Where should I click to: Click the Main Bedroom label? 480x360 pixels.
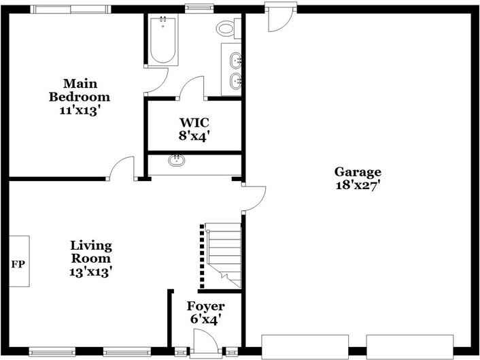click(x=79, y=90)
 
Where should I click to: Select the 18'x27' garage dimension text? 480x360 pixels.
click(x=357, y=185)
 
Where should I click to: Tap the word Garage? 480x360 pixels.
click(x=357, y=171)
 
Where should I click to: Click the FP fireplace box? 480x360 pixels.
click(x=18, y=261)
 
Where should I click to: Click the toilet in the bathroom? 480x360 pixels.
click(x=225, y=29)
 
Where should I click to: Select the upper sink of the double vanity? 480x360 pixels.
click(x=235, y=61)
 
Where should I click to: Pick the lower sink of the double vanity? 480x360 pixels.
click(x=235, y=82)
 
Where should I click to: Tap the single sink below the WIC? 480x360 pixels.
click(x=177, y=161)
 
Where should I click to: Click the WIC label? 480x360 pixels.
click(x=194, y=122)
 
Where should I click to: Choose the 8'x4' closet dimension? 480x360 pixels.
click(x=194, y=135)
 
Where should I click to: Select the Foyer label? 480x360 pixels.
click(x=205, y=306)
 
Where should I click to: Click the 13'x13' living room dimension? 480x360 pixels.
click(x=91, y=271)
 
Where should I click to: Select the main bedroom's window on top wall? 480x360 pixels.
click(x=70, y=9)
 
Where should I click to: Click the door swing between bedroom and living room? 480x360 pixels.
click(x=122, y=168)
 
